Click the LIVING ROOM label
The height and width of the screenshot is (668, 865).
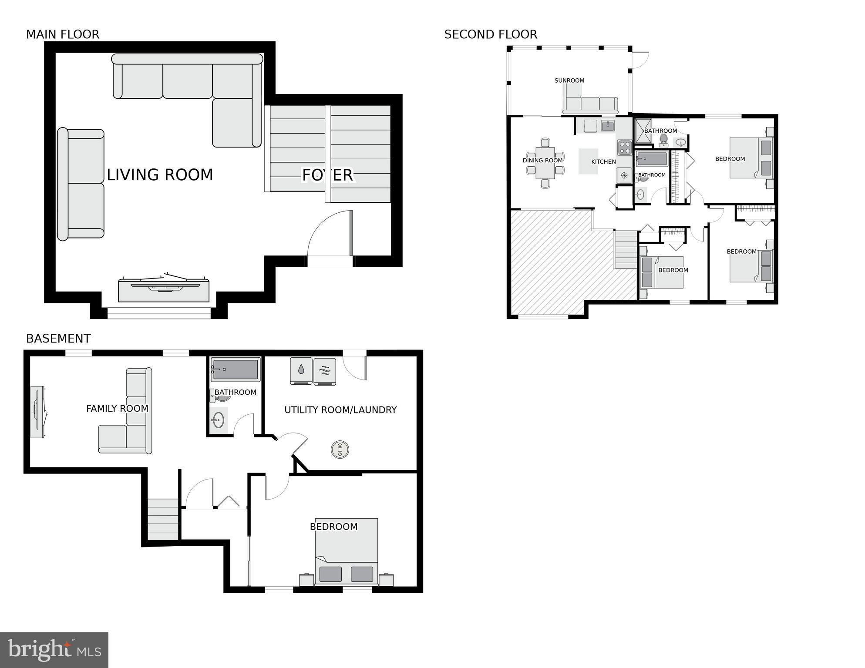tap(160, 175)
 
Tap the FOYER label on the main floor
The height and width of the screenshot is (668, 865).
tap(327, 175)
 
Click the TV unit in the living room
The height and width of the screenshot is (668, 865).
tap(164, 289)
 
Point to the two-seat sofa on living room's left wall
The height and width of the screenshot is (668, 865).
tap(81, 184)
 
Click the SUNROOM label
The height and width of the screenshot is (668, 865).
tap(569, 81)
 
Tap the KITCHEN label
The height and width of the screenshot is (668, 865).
tap(603, 162)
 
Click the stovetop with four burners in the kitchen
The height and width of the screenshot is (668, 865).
tap(625, 147)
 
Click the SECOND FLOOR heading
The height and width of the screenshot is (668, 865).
tap(491, 34)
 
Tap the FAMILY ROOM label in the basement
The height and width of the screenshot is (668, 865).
tap(117, 409)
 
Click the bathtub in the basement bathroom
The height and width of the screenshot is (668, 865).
tap(235, 369)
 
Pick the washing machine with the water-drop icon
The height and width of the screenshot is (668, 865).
tap(301, 371)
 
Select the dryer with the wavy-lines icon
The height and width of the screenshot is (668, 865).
tap(325, 371)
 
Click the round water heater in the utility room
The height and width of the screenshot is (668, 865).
tap(340, 449)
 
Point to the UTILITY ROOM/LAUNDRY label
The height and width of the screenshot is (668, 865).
tap(340, 410)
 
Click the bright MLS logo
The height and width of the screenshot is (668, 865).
tap(54, 650)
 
